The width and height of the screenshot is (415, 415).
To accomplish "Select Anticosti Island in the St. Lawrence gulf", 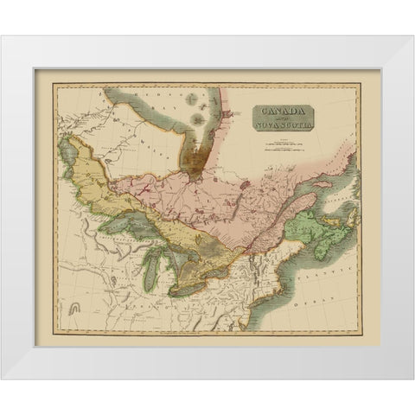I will click(321, 184).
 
